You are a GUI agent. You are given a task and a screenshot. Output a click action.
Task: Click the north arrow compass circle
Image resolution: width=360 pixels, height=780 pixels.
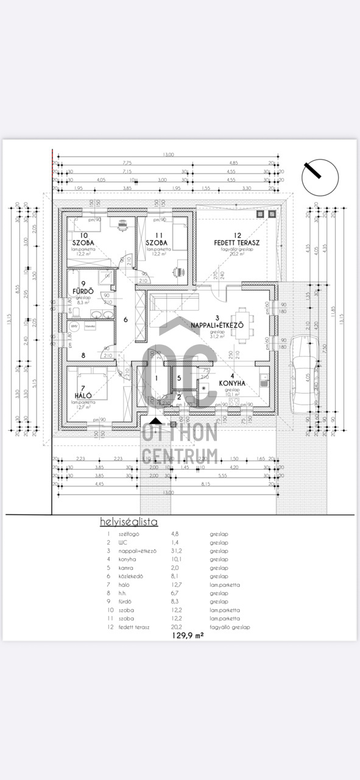320,177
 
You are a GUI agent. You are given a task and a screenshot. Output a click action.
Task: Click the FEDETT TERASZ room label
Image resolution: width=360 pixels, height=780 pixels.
237,243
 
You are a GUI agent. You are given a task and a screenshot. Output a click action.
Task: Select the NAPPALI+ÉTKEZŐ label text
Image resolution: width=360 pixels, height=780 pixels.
217,325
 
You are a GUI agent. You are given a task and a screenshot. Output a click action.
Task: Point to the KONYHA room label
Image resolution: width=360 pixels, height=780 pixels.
232,383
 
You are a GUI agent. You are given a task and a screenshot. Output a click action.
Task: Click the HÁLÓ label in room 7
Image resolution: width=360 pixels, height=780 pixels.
82,395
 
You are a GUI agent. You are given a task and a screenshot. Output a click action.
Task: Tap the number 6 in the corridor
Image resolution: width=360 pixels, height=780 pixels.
125,319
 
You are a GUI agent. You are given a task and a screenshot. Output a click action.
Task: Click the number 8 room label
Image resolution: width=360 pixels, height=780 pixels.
83,355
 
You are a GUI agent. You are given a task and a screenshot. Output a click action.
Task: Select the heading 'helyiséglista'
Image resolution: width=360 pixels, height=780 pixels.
129,522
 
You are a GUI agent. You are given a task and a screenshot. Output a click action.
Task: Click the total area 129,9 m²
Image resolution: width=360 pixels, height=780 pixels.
187,634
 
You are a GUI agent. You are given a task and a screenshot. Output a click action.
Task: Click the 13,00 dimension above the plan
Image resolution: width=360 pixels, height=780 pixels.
168,155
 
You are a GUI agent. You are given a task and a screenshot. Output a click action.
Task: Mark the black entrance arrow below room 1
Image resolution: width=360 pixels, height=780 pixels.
156,420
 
